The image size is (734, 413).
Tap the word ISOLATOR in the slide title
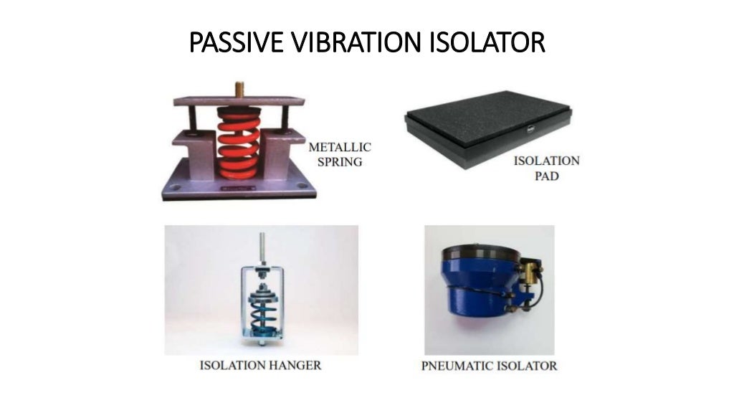tap(487, 42)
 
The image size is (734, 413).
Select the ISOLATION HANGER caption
tap(261, 366)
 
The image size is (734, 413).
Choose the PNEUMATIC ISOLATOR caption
tap(489, 366)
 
